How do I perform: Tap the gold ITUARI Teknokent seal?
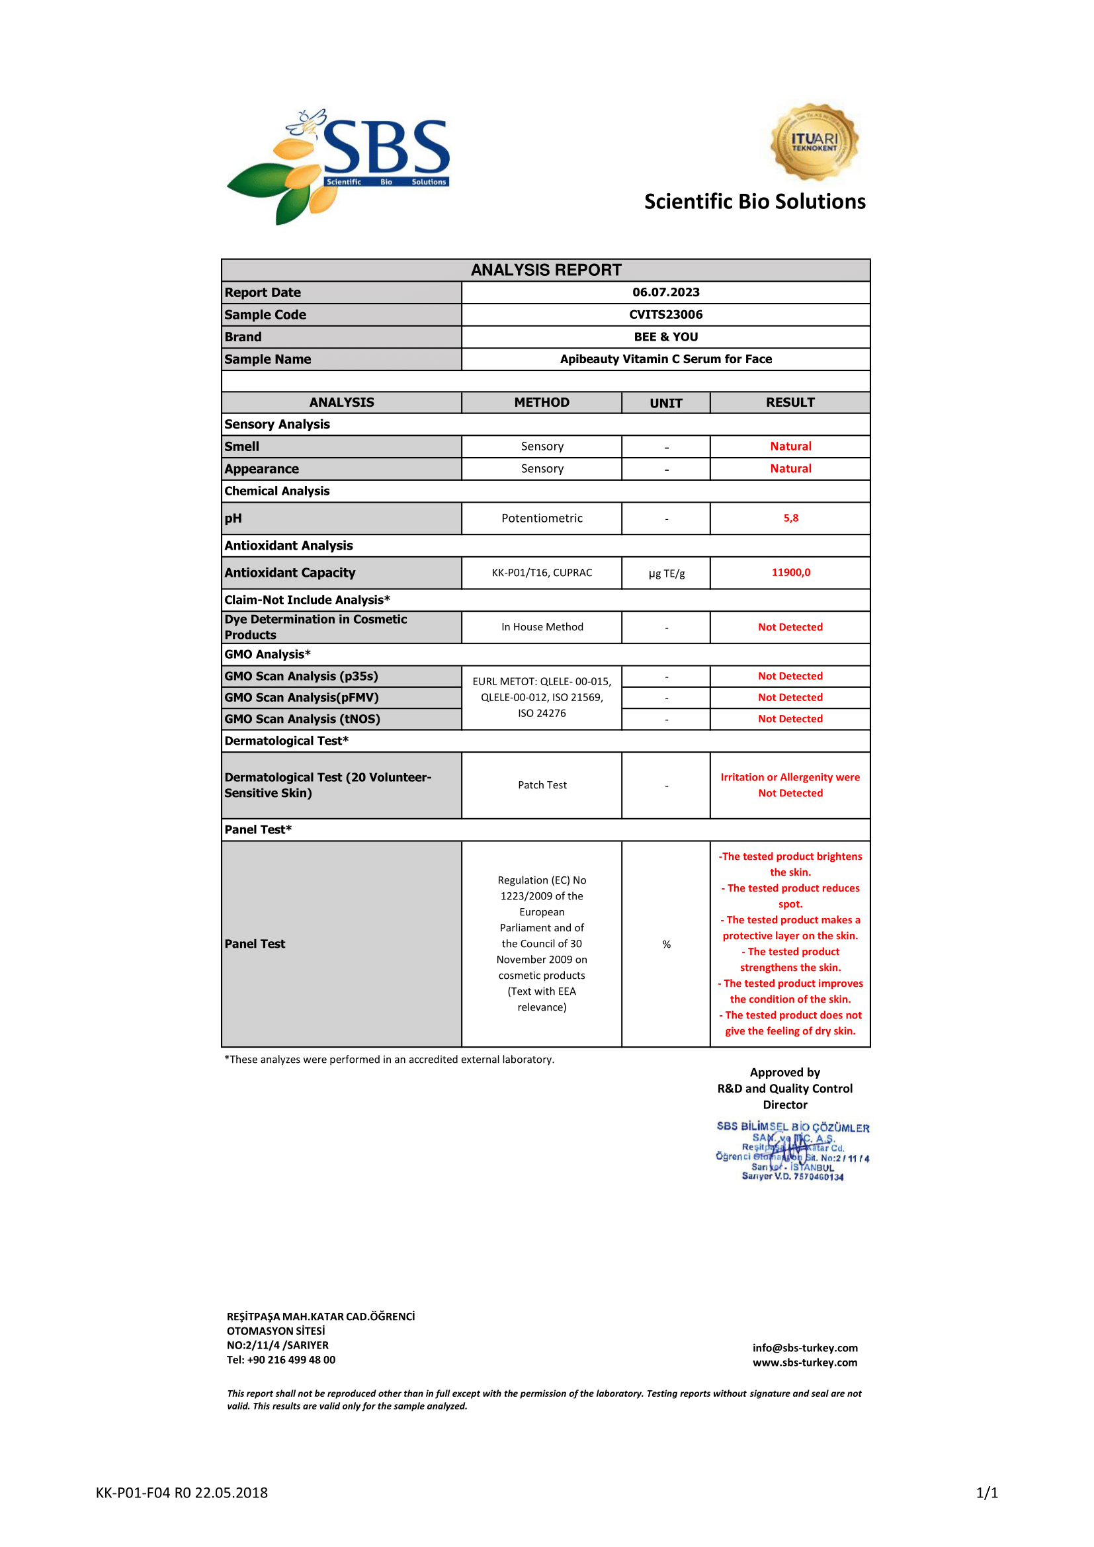pyautogui.click(x=814, y=142)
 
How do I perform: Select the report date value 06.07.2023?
pyautogui.click(x=665, y=292)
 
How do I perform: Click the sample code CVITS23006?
pyautogui.click(x=665, y=315)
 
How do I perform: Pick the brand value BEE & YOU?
pyautogui.click(x=665, y=337)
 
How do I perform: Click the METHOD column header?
pyautogui.click(x=542, y=402)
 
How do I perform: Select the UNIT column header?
pyautogui.click(x=665, y=403)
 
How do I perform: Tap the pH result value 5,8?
pyautogui.click(x=790, y=518)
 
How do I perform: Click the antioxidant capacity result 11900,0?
pyautogui.click(x=790, y=573)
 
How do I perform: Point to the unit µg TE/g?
pyautogui.click(x=666, y=573)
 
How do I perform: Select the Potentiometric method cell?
pyautogui.click(x=542, y=518)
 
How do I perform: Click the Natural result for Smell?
pyautogui.click(x=790, y=446)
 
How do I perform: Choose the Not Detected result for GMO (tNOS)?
pyautogui.click(x=790, y=719)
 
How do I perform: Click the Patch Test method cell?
pyautogui.click(x=542, y=785)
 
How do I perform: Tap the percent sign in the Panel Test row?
pyautogui.click(x=666, y=944)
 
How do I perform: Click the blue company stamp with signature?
pyautogui.click(x=792, y=1151)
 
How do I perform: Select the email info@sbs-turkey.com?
pyautogui.click(x=805, y=1347)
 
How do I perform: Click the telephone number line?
pyautogui.click(x=281, y=1360)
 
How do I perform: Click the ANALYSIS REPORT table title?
pyautogui.click(x=546, y=271)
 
